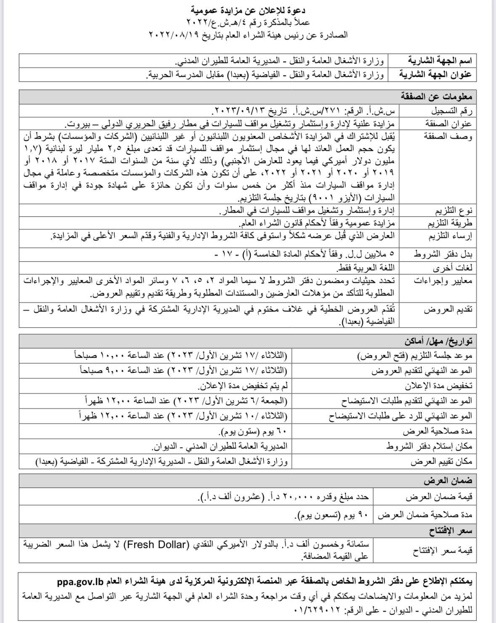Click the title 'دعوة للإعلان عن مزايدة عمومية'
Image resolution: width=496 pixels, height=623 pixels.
248,9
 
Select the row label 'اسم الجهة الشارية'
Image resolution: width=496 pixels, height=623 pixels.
440,60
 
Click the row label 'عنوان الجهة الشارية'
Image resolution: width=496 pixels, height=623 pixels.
436,75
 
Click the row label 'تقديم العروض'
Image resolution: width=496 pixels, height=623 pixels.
448,310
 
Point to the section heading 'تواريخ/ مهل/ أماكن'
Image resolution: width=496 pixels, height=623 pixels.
439,341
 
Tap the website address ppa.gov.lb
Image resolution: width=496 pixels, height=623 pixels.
81,582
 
